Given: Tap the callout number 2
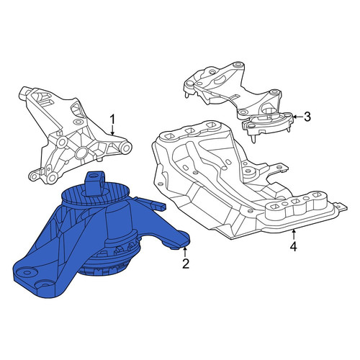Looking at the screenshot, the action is (x=186, y=264).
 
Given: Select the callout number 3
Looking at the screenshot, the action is (x=307, y=117).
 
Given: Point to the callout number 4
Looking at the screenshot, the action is (x=293, y=246).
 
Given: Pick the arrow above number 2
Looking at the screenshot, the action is (x=185, y=253).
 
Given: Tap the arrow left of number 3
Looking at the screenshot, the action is (x=298, y=117).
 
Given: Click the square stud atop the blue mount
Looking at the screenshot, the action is (x=95, y=181).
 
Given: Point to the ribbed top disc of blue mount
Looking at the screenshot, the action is (x=96, y=194).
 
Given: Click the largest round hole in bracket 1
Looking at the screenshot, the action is (x=81, y=153).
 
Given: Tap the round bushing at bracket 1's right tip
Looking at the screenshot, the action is (x=126, y=147).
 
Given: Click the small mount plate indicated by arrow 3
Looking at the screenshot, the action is (x=268, y=123).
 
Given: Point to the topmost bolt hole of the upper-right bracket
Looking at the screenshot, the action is (x=238, y=65).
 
